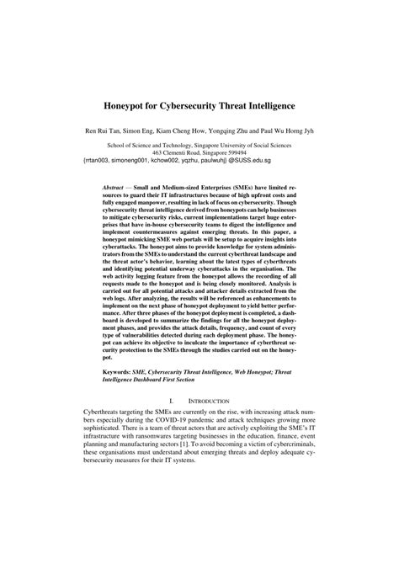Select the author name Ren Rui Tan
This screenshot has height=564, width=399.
point(104,132)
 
